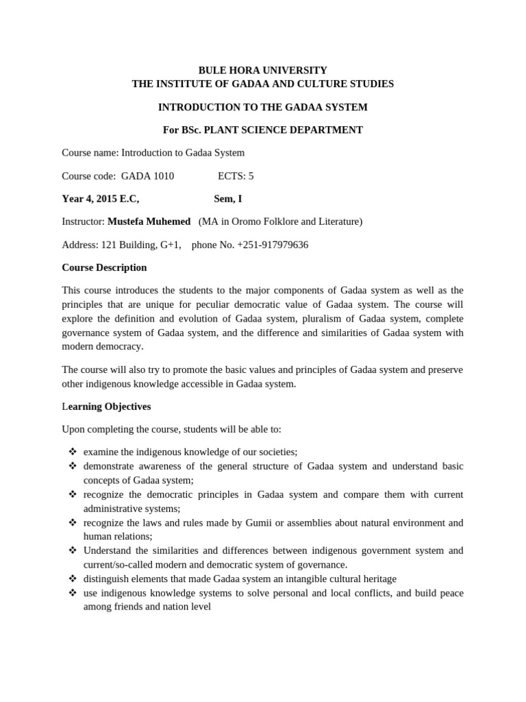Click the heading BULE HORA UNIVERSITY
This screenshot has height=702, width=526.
262,70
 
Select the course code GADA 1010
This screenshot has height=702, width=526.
147,175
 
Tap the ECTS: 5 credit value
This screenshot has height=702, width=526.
236,175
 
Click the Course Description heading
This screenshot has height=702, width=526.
104,267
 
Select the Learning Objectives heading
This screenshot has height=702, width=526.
106,407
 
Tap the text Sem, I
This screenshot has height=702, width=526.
227,199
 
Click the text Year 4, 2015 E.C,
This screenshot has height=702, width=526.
101,199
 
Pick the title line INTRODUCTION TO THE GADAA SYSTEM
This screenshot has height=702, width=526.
262,107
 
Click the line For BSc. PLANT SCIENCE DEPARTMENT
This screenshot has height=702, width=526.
262,130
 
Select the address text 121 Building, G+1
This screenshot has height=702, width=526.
141,245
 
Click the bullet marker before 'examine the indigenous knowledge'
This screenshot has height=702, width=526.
72,452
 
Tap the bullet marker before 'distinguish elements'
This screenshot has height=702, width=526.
72,579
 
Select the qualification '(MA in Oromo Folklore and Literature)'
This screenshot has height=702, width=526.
280,221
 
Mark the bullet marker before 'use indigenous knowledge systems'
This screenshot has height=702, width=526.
72,592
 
